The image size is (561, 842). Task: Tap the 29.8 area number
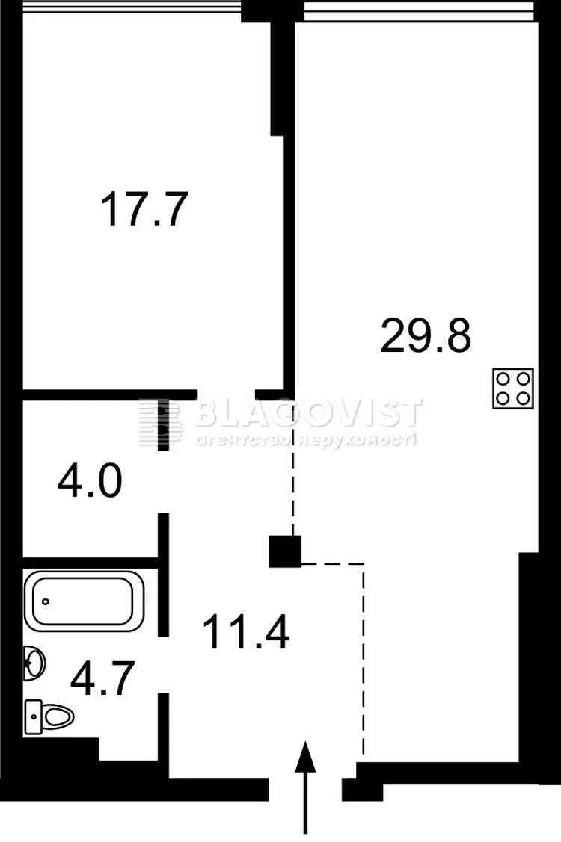pos(426,335)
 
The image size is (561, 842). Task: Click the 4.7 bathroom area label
pos(102,678)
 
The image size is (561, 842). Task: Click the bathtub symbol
pos(85,601)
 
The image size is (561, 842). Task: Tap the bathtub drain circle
pos(46,601)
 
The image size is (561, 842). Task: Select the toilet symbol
pos(49,716)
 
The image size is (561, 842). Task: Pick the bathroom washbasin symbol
pos(34,663)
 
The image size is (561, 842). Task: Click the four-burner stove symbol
pos(513,389)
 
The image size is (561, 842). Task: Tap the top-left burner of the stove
pos(503,379)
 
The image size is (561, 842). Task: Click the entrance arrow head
pos(305,757)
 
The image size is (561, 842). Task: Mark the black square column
pos(285,551)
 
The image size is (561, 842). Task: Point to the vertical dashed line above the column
pos(293,467)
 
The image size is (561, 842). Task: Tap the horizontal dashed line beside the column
pos(332,564)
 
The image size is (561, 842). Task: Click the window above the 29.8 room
pos(419,10)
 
